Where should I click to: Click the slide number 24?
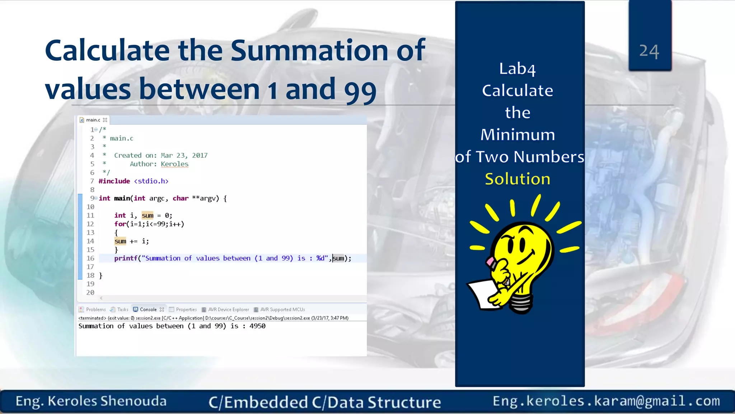click(x=649, y=51)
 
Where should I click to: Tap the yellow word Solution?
click(x=518, y=179)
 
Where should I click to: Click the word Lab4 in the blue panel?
click(x=517, y=69)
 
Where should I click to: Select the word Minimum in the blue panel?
click(x=518, y=135)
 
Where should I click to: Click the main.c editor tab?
click(x=93, y=120)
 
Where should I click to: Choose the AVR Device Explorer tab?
click(x=228, y=309)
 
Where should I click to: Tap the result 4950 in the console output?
click(x=257, y=326)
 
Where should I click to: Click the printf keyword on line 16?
click(x=126, y=258)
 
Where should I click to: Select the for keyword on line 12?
click(x=120, y=224)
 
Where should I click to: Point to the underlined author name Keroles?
click(x=174, y=164)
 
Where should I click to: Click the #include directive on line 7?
click(x=114, y=181)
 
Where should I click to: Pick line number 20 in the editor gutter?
click(x=90, y=293)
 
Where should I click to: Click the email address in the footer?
click(x=606, y=401)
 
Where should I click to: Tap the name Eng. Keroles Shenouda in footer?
click(x=91, y=401)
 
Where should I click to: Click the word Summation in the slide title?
click(x=309, y=51)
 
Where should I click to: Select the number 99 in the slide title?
click(x=360, y=89)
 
